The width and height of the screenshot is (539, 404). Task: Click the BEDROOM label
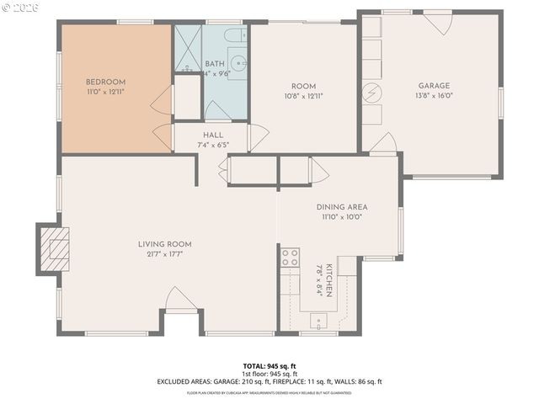[x=105, y=82]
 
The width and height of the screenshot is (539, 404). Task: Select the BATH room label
[x=215, y=63]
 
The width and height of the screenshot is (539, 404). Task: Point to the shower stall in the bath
[x=188, y=49]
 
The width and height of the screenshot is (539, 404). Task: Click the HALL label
[x=212, y=135]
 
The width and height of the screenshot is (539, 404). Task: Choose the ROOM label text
[x=303, y=86]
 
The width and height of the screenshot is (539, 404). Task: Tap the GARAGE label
[x=434, y=85]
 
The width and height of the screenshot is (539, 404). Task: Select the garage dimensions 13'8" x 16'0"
[x=434, y=96]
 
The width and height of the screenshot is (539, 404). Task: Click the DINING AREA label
[x=342, y=206]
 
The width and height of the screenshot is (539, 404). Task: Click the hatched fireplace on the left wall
[x=52, y=248]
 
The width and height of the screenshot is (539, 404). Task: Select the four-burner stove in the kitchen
[x=290, y=258]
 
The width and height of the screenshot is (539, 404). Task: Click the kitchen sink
[x=320, y=320]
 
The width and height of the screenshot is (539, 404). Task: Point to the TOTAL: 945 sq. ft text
[x=269, y=366]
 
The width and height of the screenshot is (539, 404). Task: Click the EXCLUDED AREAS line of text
[x=269, y=381]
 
